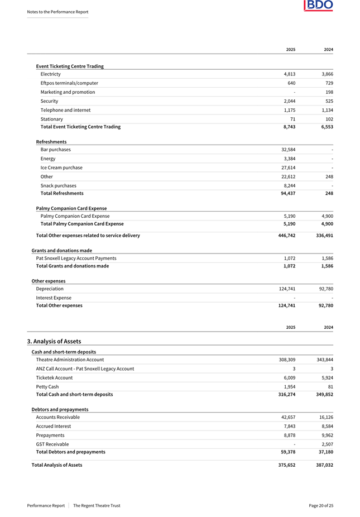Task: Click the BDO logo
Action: (318, 6)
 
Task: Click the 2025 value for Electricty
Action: (288, 74)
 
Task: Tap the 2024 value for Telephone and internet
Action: (325, 110)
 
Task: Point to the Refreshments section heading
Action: (51, 142)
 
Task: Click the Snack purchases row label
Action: (59, 185)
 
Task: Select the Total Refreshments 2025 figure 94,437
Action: (286, 193)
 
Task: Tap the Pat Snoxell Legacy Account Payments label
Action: (76, 258)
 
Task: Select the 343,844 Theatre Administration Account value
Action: (324, 360)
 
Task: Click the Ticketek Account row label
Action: (54, 377)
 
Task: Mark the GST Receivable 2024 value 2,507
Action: (325, 444)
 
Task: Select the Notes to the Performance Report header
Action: (57, 12)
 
